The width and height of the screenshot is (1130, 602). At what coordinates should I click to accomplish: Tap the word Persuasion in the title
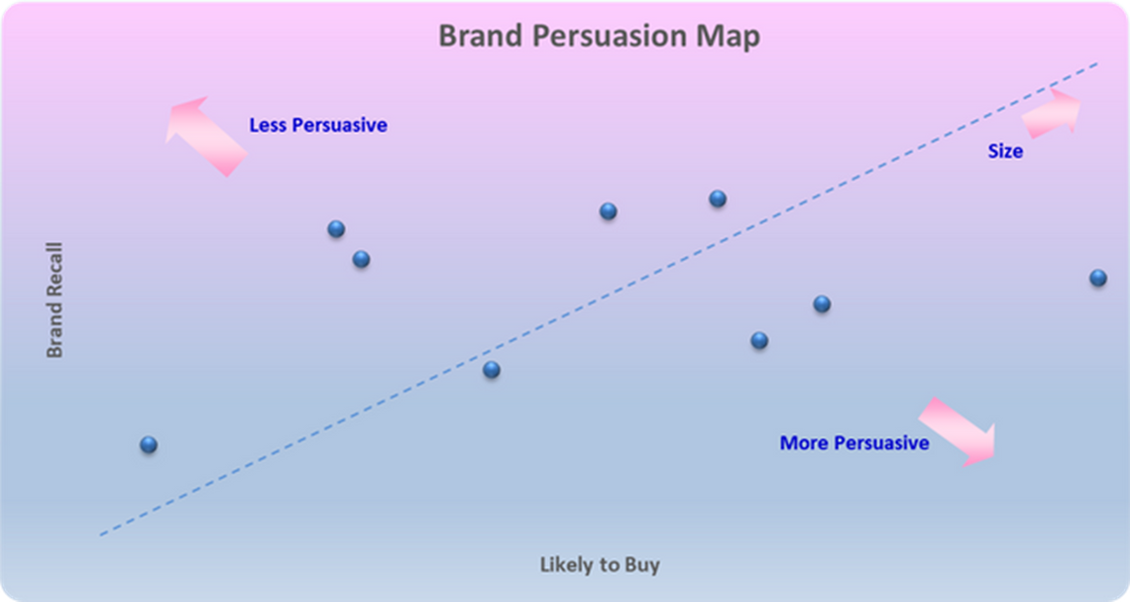point(610,36)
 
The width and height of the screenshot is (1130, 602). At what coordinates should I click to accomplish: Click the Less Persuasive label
point(318,125)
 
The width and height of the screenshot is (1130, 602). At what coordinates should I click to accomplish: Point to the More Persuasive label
point(854,442)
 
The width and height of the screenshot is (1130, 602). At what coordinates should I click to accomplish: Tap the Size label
point(1005,151)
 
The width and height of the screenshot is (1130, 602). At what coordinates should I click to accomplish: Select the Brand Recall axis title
point(55,300)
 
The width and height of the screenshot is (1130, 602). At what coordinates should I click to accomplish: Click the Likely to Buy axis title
point(601,564)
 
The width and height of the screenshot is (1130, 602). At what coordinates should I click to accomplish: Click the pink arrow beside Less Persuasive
point(207,137)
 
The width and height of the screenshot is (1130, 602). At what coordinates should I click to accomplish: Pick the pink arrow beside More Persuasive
point(958,431)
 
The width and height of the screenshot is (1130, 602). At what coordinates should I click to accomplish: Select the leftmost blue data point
point(149,445)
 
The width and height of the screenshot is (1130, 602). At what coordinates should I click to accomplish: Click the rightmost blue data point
point(1098,278)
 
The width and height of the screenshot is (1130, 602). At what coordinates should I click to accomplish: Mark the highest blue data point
point(717,198)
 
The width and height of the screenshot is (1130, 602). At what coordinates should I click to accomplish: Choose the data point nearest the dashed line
point(492,370)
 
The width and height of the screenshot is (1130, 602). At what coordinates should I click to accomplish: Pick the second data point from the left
point(336,229)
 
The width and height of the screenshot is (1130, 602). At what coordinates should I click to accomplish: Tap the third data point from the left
point(361,259)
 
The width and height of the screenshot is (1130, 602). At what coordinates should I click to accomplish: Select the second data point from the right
point(822,304)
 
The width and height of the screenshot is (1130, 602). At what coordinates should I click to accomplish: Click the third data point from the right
point(759,340)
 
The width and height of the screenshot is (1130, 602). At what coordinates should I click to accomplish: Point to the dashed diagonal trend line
point(599,300)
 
